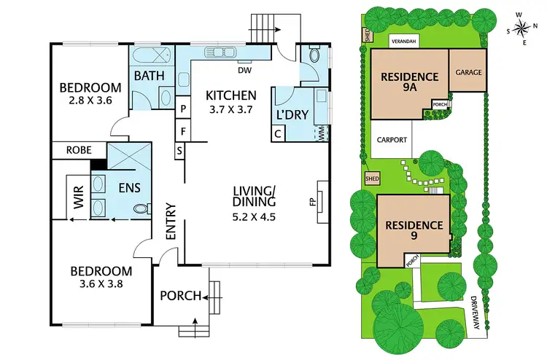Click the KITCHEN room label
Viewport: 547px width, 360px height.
coord(230,95)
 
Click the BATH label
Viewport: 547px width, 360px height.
coord(148,76)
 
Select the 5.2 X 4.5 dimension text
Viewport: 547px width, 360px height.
coord(253,216)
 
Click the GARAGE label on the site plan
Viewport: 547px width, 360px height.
coord(467,73)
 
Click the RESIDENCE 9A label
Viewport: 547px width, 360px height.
coord(408,82)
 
